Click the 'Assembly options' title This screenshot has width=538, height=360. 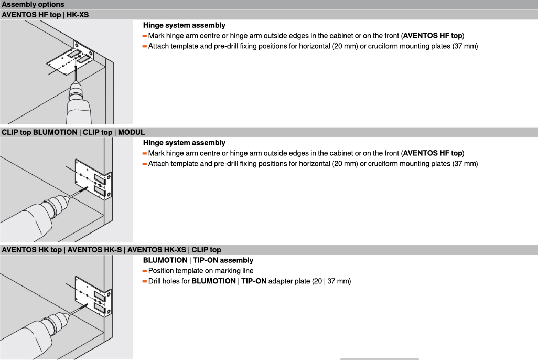tap(33, 5)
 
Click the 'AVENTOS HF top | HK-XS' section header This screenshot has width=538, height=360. tap(45, 15)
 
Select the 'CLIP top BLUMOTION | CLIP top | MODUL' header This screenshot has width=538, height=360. tap(73, 132)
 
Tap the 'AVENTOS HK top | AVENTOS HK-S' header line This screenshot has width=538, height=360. tap(62, 250)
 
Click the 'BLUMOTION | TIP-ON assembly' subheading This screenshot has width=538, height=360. tap(198, 260)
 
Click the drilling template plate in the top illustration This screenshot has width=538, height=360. tap(70, 58)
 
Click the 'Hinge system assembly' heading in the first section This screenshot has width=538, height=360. tap(184, 25)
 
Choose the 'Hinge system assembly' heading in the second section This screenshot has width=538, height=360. tap(184, 143)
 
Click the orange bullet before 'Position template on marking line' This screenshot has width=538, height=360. tap(144, 271)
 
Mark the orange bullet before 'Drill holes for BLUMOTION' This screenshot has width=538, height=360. tap(144, 281)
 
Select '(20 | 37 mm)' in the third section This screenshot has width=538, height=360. tap(331, 281)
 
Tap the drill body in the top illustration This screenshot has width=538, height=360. tap(79, 112)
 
